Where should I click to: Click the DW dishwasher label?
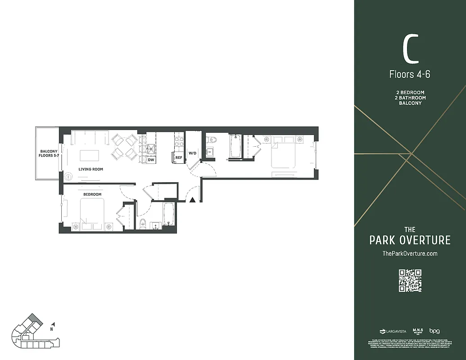151,160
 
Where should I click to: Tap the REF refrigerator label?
179,157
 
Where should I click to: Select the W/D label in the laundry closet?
192,153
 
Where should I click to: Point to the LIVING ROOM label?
91,169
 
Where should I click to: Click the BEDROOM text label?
92,194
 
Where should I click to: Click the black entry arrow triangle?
192,200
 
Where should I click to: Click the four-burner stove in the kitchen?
179,142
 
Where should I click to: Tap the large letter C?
410,50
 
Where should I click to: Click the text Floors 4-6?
410,74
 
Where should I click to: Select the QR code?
410,280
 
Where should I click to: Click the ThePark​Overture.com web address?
410,254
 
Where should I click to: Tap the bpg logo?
434,331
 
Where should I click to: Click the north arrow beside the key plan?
54,324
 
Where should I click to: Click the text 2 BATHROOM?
410,98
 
